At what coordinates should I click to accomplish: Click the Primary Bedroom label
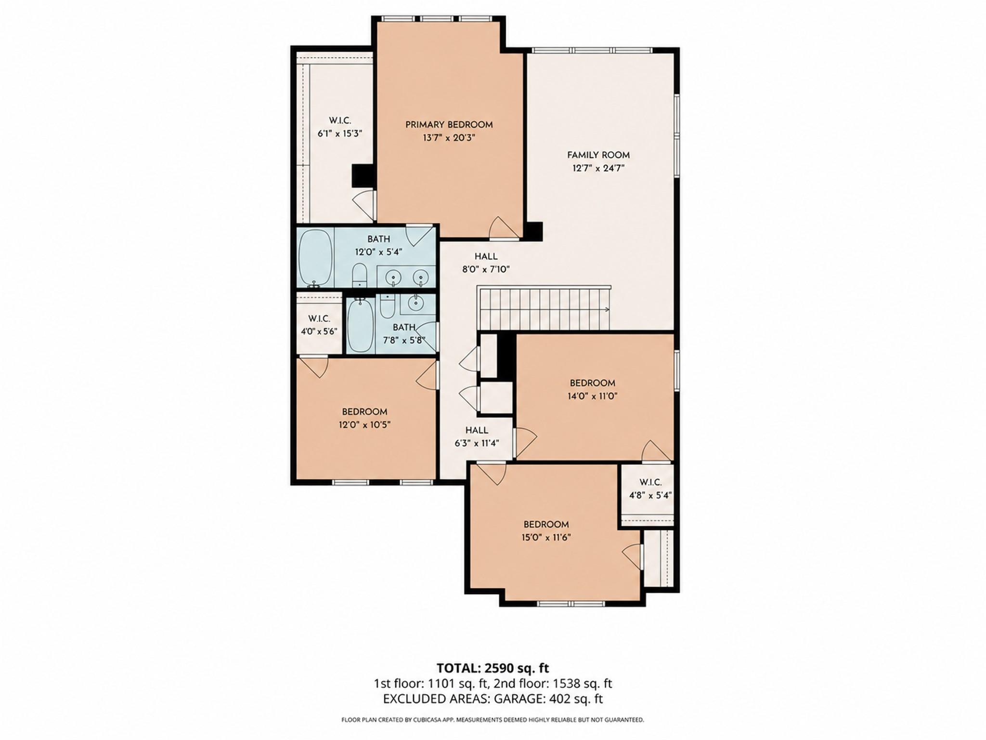click(449, 125)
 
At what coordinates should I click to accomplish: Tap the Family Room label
click(598, 155)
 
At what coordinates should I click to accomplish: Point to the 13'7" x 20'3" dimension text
click(449, 138)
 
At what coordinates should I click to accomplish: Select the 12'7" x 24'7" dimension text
click(598, 168)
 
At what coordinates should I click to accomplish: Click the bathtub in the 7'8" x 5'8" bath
click(360, 325)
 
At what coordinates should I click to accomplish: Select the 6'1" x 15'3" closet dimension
click(339, 133)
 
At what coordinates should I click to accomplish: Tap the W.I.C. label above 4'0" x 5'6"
click(319, 318)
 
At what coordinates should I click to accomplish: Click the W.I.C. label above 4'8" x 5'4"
click(650, 482)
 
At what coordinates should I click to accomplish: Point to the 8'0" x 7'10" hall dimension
click(486, 270)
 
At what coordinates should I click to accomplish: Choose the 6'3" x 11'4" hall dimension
click(477, 443)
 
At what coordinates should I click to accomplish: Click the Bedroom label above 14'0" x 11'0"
click(592, 383)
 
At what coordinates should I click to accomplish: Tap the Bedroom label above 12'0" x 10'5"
click(364, 412)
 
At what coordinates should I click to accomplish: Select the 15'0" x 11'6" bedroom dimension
click(546, 538)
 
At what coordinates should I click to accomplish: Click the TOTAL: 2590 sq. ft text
click(493, 668)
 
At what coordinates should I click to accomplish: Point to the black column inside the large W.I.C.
click(363, 176)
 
